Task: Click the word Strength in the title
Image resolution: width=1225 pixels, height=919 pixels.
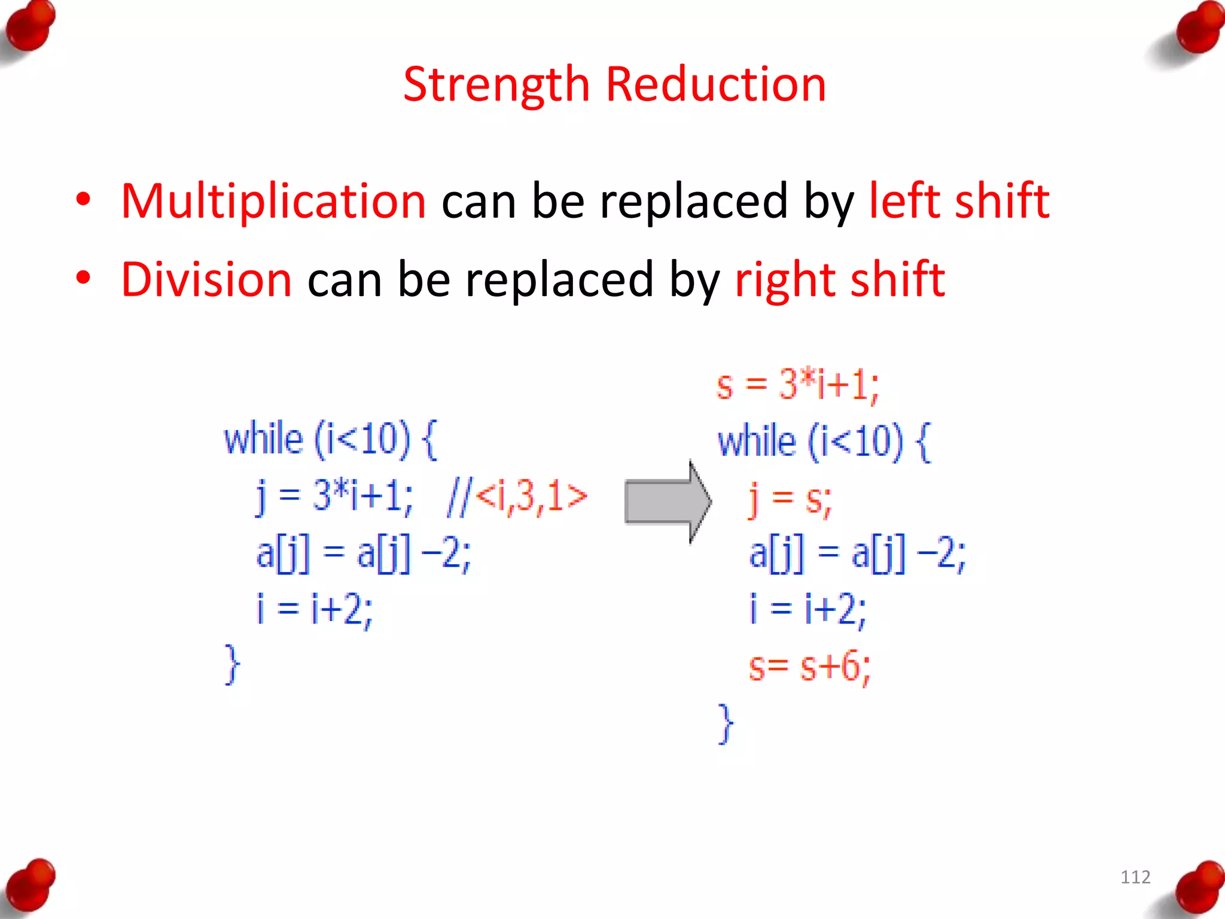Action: click(x=496, y=85)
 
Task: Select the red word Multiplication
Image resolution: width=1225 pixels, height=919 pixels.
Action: click(x=273, y=201)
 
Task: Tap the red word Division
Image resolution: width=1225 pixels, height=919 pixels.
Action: click(x=206, y=279)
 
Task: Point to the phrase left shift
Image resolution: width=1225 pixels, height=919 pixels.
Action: click(x=959, y=201)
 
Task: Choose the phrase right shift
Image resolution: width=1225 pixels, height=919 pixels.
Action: click(x=840, y=279)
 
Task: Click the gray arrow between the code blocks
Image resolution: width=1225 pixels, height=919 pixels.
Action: click(x=668, y=501)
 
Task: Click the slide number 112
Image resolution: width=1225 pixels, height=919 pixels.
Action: click(x=1135, y=877)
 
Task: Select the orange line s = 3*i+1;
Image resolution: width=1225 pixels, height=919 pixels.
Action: click(x=797, y=385)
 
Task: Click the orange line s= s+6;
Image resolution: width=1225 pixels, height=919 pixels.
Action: click(x=809, y=667)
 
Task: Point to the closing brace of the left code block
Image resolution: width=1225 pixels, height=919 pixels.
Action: click(x=232, y=664)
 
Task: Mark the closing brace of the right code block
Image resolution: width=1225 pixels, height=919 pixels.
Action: click(x=726, y=723)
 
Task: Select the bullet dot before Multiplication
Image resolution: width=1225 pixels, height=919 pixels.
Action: click(x=83, y=199)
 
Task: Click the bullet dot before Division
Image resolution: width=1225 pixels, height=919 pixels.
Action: click(x=83, y=278)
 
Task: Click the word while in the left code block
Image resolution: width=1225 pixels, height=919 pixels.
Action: click(x=263, y=439)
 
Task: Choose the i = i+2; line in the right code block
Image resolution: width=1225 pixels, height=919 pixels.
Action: click(x=807, y=609)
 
